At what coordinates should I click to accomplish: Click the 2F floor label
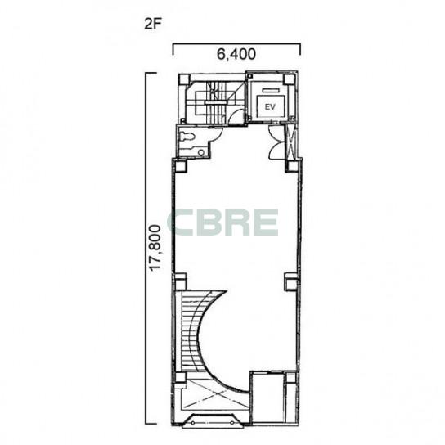click(153, 24)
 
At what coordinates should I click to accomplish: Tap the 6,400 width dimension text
click(236, 54)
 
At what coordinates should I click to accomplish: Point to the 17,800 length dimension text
click(155, 248)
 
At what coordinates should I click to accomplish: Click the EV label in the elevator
click(270, 107)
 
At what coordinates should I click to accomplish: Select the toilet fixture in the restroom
click(187, 137)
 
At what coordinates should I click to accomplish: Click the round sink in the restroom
click(201, 152)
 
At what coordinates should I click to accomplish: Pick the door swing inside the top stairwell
click(236, 116)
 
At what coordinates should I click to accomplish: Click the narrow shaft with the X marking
click(291, 141)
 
